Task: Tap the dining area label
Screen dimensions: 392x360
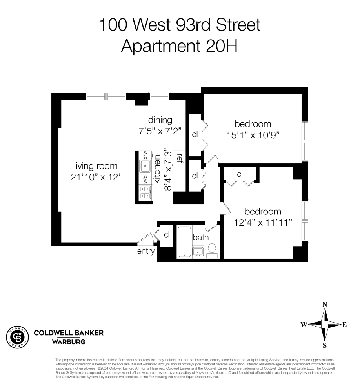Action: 160,120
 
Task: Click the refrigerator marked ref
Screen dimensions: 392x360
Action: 180,158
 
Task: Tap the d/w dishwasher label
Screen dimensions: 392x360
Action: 144,155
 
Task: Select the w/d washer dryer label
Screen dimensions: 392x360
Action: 144,180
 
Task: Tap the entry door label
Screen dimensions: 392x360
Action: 146,252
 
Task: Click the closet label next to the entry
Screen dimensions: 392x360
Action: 166,235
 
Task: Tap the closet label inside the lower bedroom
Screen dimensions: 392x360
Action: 240,174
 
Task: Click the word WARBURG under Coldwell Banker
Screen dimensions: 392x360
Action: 69,341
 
